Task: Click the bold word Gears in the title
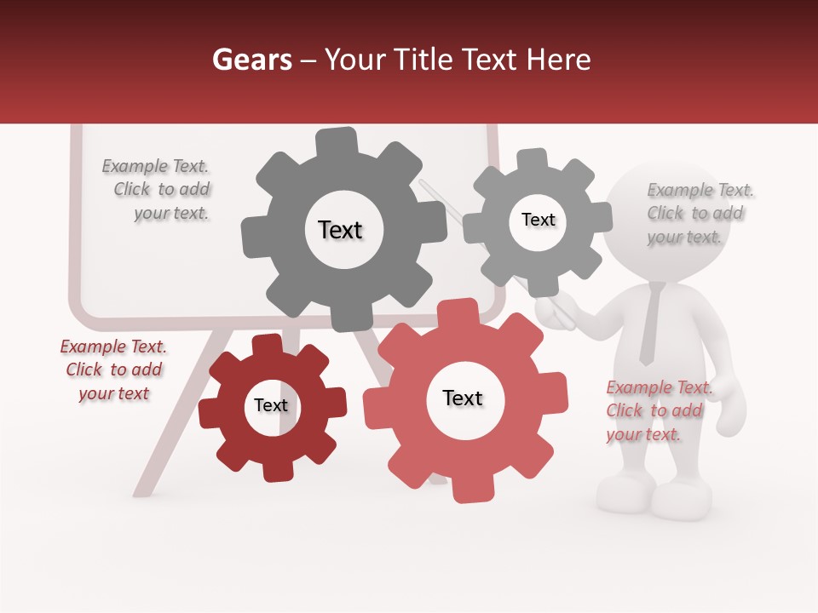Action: click(252, 60)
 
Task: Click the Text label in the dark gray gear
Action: click(340, 230)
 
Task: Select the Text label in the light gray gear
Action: click(538, 220)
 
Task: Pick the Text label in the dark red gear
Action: click(271, 405)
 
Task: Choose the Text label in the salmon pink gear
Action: click(463, 398)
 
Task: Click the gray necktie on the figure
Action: click(650, 324)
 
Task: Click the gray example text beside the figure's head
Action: click(697, 213)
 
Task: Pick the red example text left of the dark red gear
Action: click(113, 370)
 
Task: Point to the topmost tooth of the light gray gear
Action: click(532, 159)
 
